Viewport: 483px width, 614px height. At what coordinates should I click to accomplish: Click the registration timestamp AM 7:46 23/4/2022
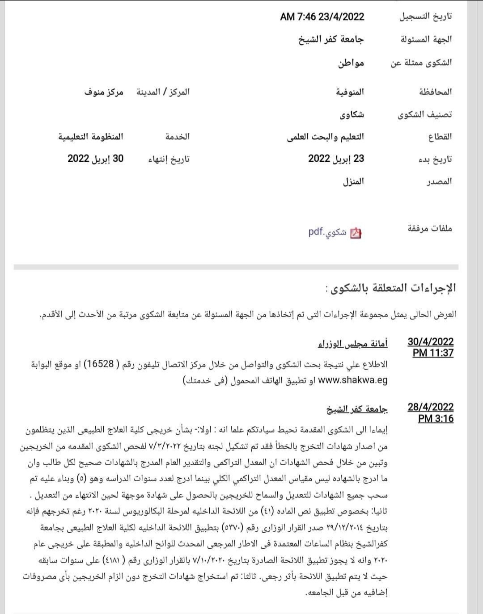(x=322, y=17)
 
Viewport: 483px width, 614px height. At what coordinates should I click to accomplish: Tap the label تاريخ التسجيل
(x=425, y=17)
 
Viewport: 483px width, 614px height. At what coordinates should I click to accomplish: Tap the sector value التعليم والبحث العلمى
(x=325, y=137)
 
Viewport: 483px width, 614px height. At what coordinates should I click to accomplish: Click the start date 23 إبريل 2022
(x=336, y=159)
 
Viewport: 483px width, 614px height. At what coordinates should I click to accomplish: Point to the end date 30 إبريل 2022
(x=95, y=159)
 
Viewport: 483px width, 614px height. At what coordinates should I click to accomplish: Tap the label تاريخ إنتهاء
(x=169, y=159)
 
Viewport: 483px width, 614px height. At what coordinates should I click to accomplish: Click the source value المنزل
(x=353, y=181)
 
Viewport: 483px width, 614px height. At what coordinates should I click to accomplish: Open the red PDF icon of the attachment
(x=356, y=233)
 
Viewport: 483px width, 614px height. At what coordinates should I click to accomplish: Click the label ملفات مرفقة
(x=430, y=229)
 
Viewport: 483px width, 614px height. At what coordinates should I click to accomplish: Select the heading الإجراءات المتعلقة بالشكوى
(x=391, y=288)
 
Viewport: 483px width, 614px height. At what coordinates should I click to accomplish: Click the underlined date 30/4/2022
(x=430, y=342)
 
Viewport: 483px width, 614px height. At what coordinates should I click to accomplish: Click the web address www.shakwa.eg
(x=352, y=380)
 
